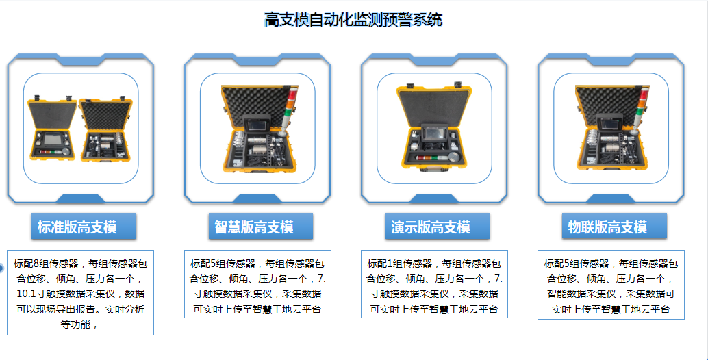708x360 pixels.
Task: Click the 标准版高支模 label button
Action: point(84,227)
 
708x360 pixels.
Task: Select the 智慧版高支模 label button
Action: point(260,227)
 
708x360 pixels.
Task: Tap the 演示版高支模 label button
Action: point(437,227)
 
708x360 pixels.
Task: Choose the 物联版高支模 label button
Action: point(614,227)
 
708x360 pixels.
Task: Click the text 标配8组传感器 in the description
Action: point(46,264)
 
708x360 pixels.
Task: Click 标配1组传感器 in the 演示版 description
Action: point(400,264)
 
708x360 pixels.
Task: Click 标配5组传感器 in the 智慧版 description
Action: point(223,264)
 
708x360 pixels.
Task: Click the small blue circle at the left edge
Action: point(1,268)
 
